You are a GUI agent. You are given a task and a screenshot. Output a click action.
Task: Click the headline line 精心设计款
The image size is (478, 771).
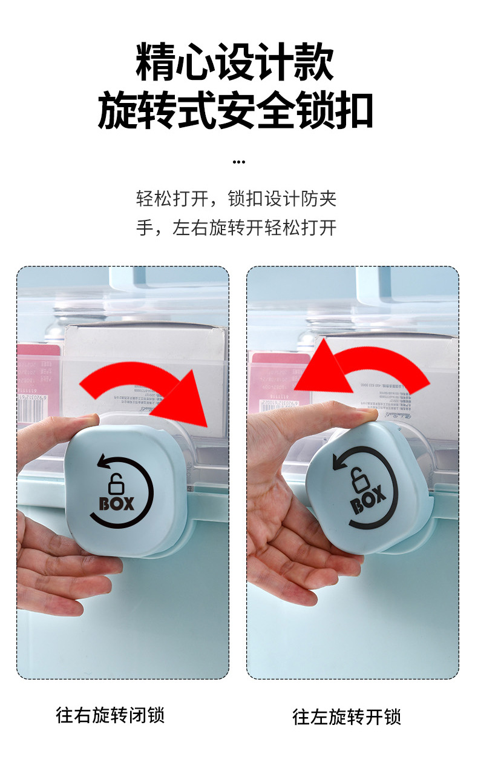235,62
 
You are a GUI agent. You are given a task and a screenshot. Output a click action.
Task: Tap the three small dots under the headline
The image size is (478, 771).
239,162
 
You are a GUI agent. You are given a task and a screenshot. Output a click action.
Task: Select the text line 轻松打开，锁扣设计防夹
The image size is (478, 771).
236,199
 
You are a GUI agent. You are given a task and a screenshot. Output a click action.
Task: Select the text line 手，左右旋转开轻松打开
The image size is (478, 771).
236,228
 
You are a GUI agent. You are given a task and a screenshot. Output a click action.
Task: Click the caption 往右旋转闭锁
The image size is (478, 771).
110,715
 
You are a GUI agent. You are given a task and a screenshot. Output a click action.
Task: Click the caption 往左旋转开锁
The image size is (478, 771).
347,717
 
